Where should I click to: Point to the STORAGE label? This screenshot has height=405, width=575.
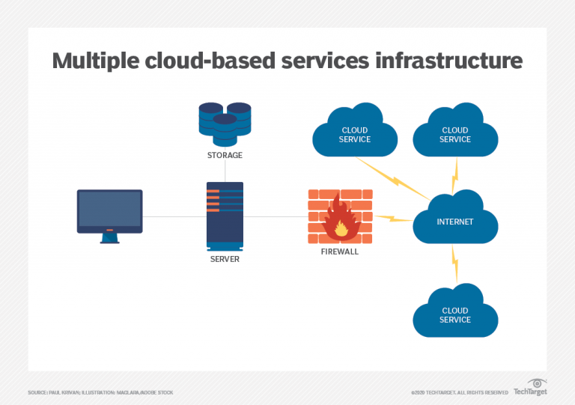(225, 156)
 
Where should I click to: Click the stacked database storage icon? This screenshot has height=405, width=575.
(225, 123)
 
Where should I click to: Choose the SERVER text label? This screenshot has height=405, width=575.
(225, 259)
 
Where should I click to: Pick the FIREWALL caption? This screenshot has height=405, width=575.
(339, 252)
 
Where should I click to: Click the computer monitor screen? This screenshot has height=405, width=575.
(109, 210)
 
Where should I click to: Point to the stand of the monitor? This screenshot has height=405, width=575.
(109, 237)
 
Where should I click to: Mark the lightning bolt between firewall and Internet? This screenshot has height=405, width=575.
(392, 219)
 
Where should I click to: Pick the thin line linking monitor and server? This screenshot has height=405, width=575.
(174, 217)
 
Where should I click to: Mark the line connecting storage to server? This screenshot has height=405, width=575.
(225, 171)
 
